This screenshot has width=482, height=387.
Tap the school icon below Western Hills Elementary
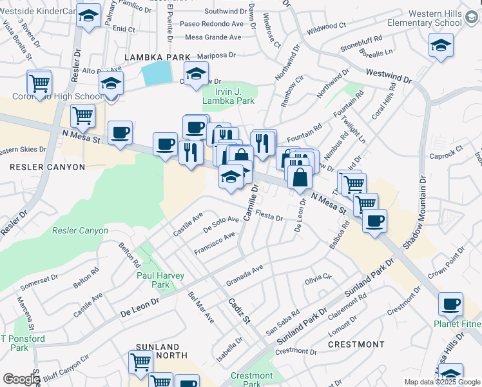coord(441,45)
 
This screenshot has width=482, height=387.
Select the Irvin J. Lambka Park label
coord(228,96)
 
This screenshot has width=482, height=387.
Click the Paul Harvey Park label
coord(160,280)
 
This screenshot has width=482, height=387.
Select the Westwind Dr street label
coord(389,77)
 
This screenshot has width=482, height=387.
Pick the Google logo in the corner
coord(21,379)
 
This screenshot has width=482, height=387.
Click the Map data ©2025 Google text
coord(442,381)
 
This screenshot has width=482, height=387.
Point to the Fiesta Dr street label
coord(269,215)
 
